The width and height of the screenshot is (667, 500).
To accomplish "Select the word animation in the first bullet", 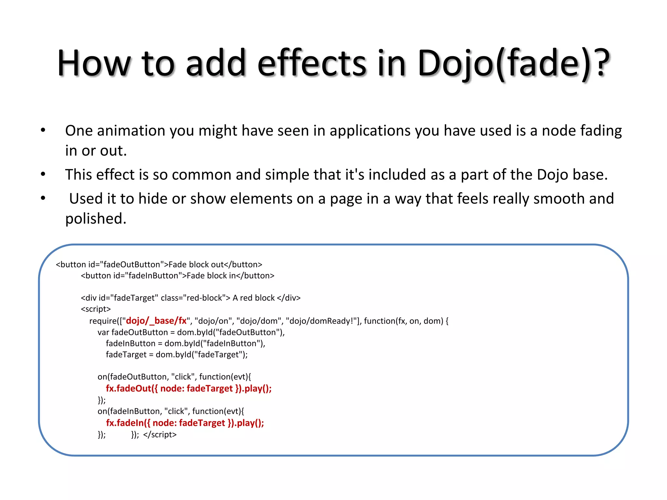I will click(131, 131).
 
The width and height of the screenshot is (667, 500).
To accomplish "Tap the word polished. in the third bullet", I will click(96, 219).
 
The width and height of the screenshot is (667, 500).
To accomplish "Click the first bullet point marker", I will click(43, 130).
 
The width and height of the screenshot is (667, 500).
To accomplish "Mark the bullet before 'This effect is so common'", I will click(43, 174).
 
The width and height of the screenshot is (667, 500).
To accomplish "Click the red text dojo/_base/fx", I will click(156, 321).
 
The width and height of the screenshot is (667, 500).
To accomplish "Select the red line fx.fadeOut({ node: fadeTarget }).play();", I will click(189, 388).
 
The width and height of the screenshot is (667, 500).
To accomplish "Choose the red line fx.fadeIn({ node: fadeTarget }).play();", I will click(185, 423).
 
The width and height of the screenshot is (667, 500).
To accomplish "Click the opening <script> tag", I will click(96, 309).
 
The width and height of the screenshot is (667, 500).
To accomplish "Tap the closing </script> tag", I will click(160, 435).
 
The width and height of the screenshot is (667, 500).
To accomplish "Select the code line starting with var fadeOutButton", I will click(191, 332).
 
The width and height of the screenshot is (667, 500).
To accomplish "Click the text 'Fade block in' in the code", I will click(211, 276).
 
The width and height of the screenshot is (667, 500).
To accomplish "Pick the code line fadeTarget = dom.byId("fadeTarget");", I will click(177, 354).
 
